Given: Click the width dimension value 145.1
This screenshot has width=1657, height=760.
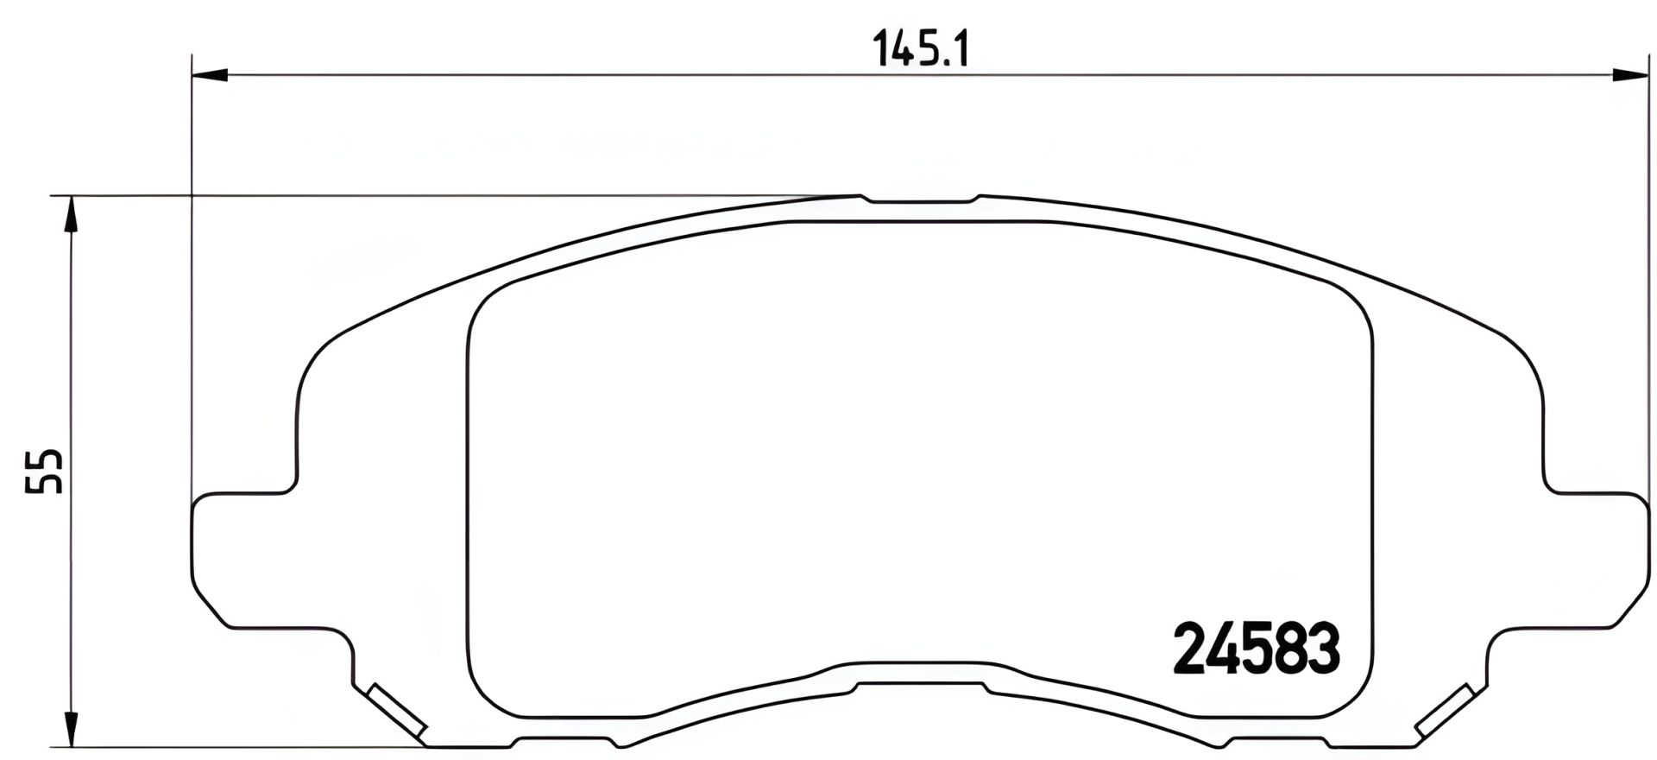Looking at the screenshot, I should click(921, 49).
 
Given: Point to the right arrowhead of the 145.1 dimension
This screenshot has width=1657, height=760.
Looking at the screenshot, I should click(1631, 76).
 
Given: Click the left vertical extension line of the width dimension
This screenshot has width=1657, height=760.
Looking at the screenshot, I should click(190, 285).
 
